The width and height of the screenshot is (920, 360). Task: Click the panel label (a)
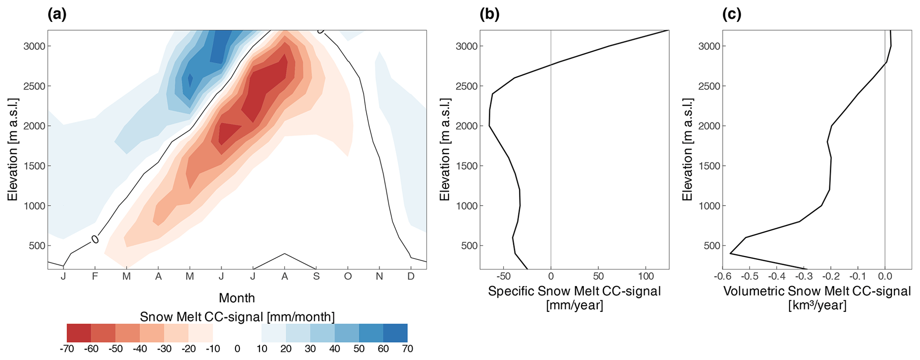(x=57, y=15)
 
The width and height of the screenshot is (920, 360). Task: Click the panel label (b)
(x=490, y=15)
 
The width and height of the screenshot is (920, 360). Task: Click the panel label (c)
(x=732, y=15)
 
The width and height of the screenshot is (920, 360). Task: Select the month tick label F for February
(x=95, y=276)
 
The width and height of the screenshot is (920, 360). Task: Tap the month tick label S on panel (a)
(x=316, y=276)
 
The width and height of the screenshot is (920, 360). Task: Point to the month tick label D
(x=411, y=276)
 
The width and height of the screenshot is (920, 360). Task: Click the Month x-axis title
(x=237, y=297)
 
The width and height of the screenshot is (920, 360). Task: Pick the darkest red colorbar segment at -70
(x=79, y=333)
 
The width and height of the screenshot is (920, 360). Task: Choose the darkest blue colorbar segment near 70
(x=395, y=333)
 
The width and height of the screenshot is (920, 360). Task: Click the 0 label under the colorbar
(x=237, y=348)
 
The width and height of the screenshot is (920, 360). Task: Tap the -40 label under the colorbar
(x=139, y=348)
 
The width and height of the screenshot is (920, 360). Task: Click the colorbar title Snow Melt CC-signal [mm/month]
(x=237, y=317)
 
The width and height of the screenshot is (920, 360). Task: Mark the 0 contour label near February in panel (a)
(x=95, y=239)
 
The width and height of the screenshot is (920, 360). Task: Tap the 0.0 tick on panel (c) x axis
(x=884, y=276)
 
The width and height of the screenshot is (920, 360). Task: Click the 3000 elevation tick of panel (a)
(x=36, y=46)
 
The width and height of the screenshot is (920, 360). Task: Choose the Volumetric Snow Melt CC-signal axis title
(x=817, y=291)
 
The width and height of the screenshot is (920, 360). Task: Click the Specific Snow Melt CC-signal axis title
(x=574, y=291)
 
